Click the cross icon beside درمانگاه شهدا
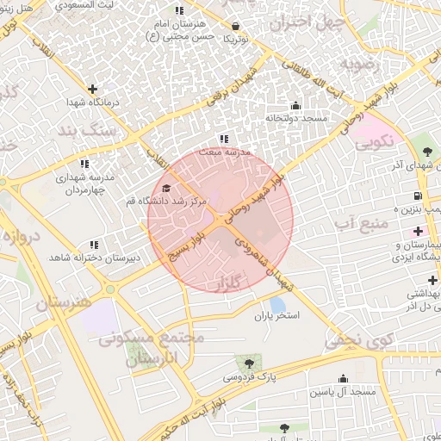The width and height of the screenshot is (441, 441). pos(92,89)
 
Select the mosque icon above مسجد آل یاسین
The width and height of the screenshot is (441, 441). pos(343,379)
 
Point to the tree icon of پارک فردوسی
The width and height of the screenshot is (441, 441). pos(250,363)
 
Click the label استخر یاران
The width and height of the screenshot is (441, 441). pos(276,317)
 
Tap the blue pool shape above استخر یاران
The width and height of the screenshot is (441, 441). pos(276,304)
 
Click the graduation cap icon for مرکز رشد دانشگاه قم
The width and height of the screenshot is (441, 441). pos(165,188)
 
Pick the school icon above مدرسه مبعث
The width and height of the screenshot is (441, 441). pos(224,139)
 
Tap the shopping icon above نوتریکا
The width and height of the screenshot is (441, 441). pos(236,27)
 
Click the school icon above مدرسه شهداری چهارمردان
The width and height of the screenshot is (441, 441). pos(84,164)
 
